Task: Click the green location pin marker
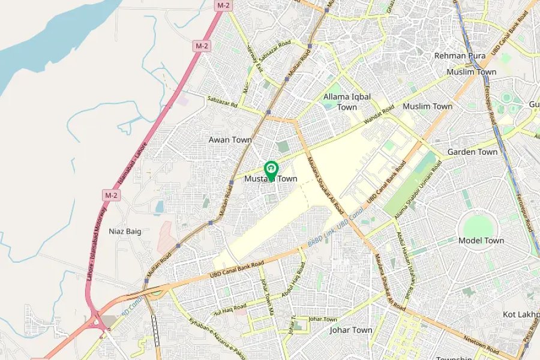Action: [x=271, y=170]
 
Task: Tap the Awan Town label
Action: [x=230, y=140]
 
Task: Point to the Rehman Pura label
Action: [x=458, y=56]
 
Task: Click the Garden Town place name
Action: [x=472, y=152]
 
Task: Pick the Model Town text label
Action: [x=481, y=241]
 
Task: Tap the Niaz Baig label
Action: [x=125, y=231]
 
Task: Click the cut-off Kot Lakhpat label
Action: [x=521, y=314]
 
